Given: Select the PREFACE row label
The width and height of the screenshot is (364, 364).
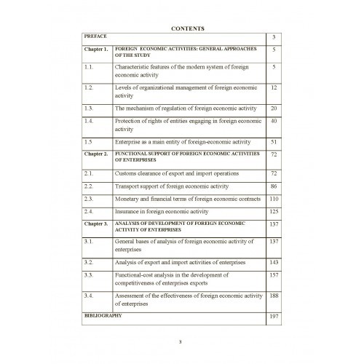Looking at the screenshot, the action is click(95, 35).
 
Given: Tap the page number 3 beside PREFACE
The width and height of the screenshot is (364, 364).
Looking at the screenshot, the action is click(274, 36).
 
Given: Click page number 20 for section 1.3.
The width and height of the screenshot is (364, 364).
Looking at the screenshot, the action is click(274, 108).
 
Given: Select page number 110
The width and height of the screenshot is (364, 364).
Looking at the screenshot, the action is click(274, 199).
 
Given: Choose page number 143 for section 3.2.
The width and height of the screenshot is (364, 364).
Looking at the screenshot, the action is click(274, 261).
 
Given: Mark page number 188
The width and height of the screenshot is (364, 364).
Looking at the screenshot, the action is click(274, 296).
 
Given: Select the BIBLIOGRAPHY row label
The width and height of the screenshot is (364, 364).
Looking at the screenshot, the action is click(103, 317).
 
